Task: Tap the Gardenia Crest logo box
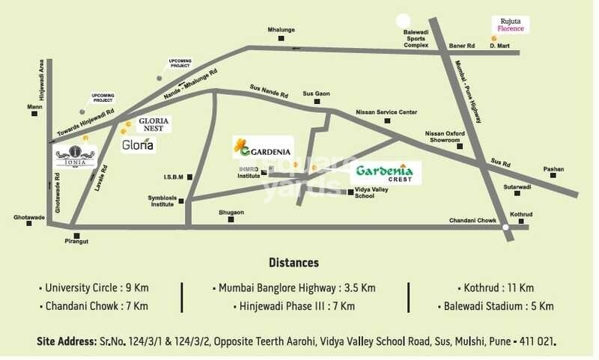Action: click(386, 173)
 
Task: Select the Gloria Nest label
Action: click(153, 124)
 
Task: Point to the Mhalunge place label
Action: click(282, 30)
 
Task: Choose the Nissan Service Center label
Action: click(386, 112)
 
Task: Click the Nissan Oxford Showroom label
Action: click(446, 136)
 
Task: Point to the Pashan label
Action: click(553, 169)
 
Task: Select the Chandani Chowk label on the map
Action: click(472, 220)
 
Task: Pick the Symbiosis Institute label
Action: click(166, 201)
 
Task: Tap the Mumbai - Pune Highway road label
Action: click(468, 85)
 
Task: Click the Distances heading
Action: click(294, 263)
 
